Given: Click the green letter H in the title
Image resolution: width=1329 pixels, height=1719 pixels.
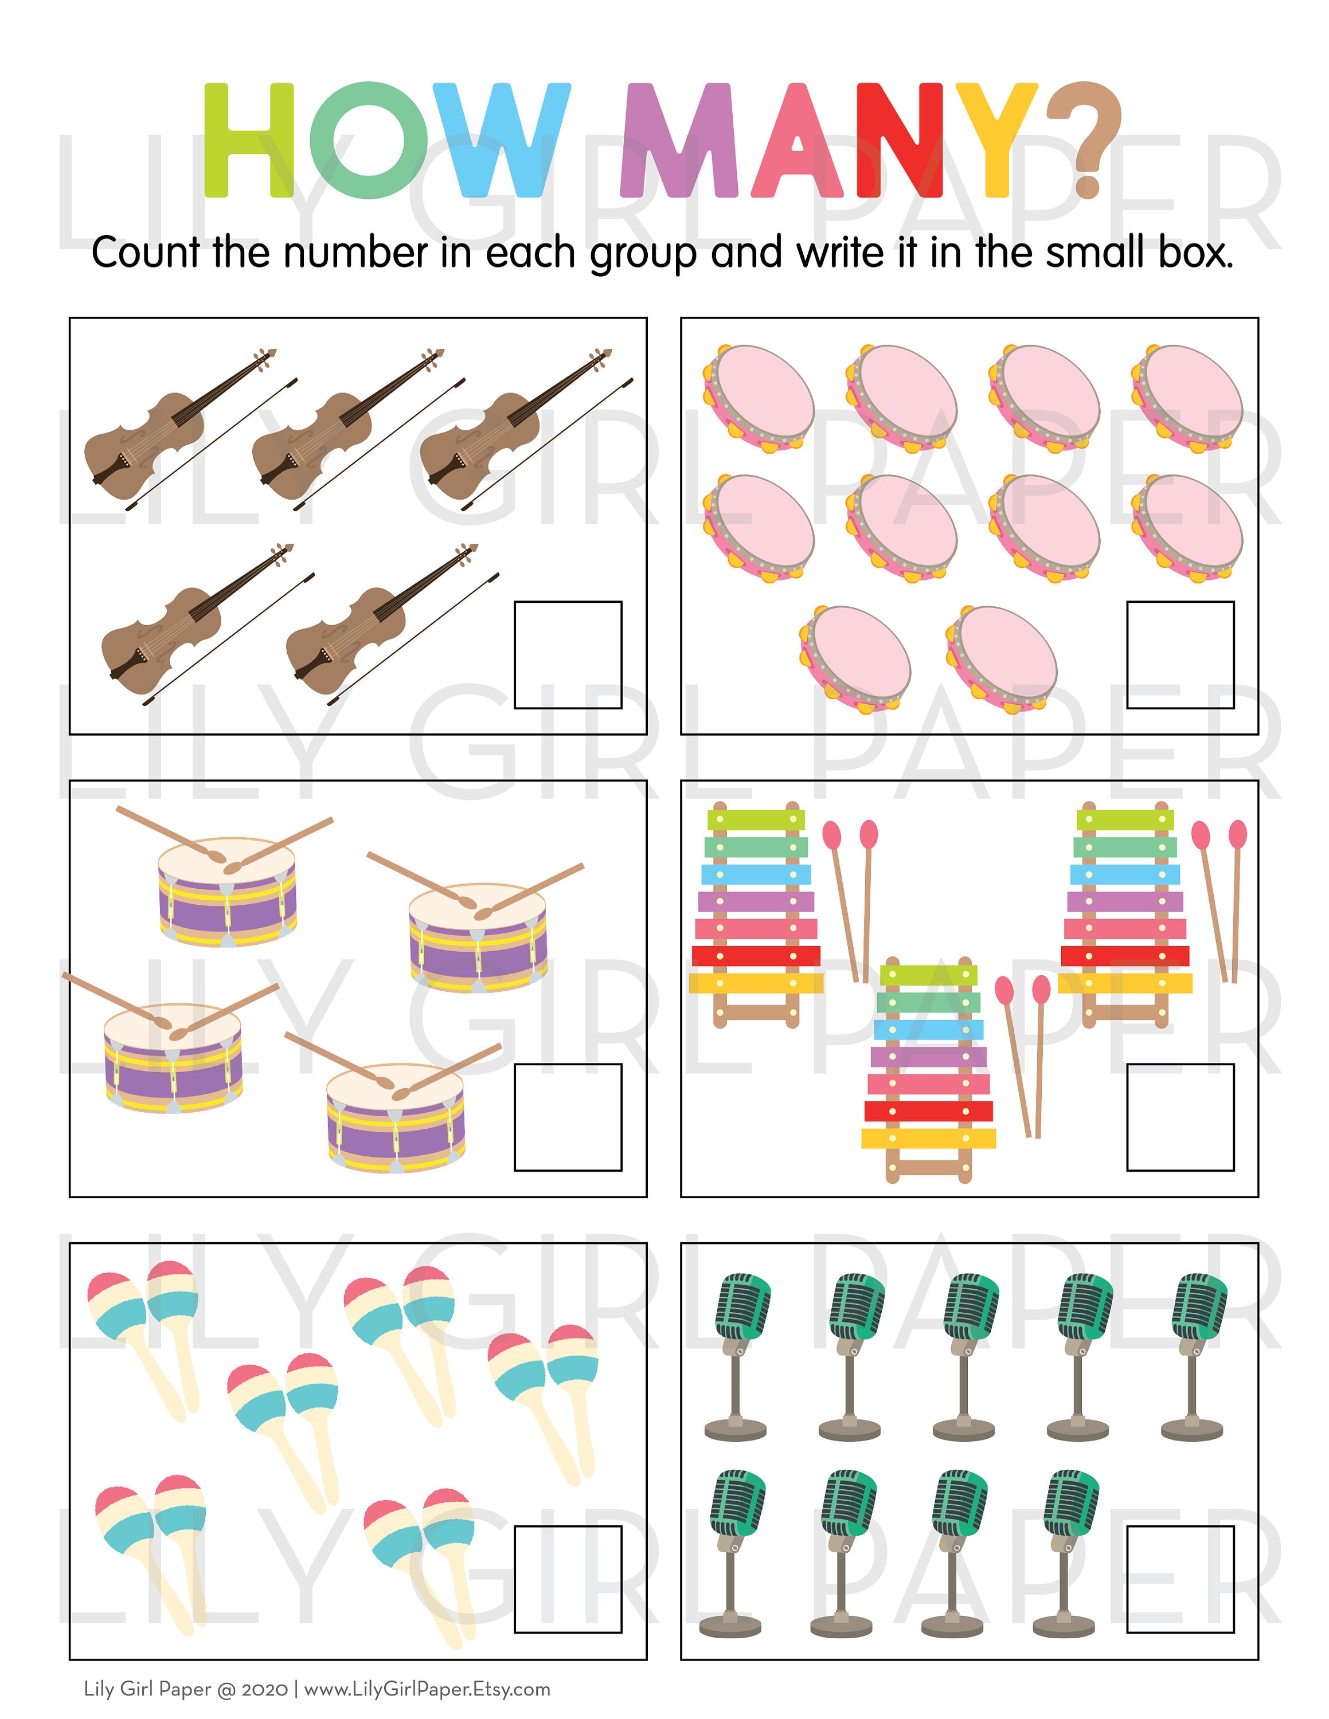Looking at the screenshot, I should tap(248, 140).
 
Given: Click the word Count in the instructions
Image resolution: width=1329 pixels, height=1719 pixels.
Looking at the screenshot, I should tap(145, 253).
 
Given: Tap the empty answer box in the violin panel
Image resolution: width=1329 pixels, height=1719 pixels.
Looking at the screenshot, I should tap(568, 655).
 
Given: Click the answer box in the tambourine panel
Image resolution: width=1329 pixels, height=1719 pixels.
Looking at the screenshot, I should tap(1179, 655).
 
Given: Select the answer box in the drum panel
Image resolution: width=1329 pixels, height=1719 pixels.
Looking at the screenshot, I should tap(568, 1118).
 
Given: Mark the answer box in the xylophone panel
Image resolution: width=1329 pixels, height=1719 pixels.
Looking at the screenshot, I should tap(1179, 1118).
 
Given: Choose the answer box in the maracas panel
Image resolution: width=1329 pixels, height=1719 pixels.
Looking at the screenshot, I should tap(568, 1580).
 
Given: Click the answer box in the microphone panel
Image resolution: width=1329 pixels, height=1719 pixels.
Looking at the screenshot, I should tap(1179, 1580).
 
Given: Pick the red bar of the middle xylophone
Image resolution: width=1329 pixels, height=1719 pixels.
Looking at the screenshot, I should tap(928, 1110).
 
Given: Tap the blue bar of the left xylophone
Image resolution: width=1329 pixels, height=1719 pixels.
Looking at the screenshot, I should tap(756, 874).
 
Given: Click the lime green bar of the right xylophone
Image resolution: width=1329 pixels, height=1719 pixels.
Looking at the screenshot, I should tap(1124, 820).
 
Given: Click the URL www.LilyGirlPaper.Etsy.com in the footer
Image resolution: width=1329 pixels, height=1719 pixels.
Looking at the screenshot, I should tap(427, 1689).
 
